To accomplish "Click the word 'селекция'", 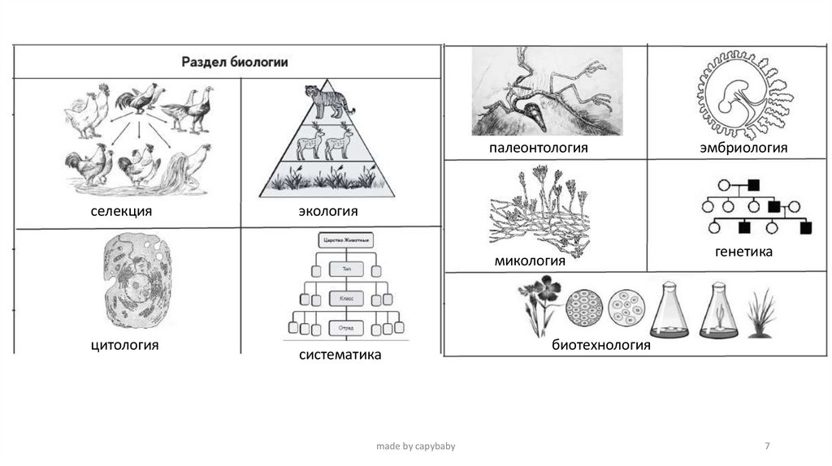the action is tap(122, 212).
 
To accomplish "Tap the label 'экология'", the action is tap(328, 212).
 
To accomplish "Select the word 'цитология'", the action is tap(124, 346).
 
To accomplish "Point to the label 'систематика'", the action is tap(340, 355).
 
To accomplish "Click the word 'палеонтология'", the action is tap(538, 149).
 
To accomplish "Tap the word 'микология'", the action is tap(530, 261).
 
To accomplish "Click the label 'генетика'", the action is tap(743, 252).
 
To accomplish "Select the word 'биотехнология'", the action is tap(601, 345).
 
